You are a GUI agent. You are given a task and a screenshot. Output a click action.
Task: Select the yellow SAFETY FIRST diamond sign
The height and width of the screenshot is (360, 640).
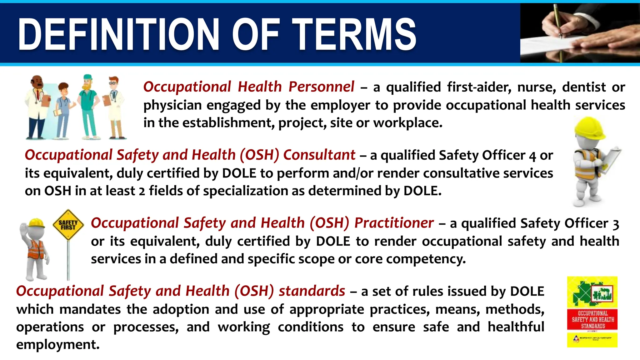pos(68,225)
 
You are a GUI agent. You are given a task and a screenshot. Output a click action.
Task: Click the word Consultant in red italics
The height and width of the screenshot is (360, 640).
pos(319,155)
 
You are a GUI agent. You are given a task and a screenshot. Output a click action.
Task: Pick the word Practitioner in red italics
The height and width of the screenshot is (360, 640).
pos(394,223)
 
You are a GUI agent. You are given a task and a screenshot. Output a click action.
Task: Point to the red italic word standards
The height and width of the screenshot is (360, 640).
pos(312,291)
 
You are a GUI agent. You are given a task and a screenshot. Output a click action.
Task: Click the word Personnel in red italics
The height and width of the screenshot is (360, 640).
pos(321,87)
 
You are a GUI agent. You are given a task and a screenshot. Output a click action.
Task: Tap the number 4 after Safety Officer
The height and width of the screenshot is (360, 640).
pos(532,156)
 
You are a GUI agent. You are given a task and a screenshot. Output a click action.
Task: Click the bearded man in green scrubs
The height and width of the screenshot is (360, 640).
pos(89,106)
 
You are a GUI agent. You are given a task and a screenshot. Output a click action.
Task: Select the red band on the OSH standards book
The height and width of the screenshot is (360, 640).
pos(592,319)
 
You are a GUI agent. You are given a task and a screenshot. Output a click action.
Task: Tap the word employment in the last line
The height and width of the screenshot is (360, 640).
pos(57,345)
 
